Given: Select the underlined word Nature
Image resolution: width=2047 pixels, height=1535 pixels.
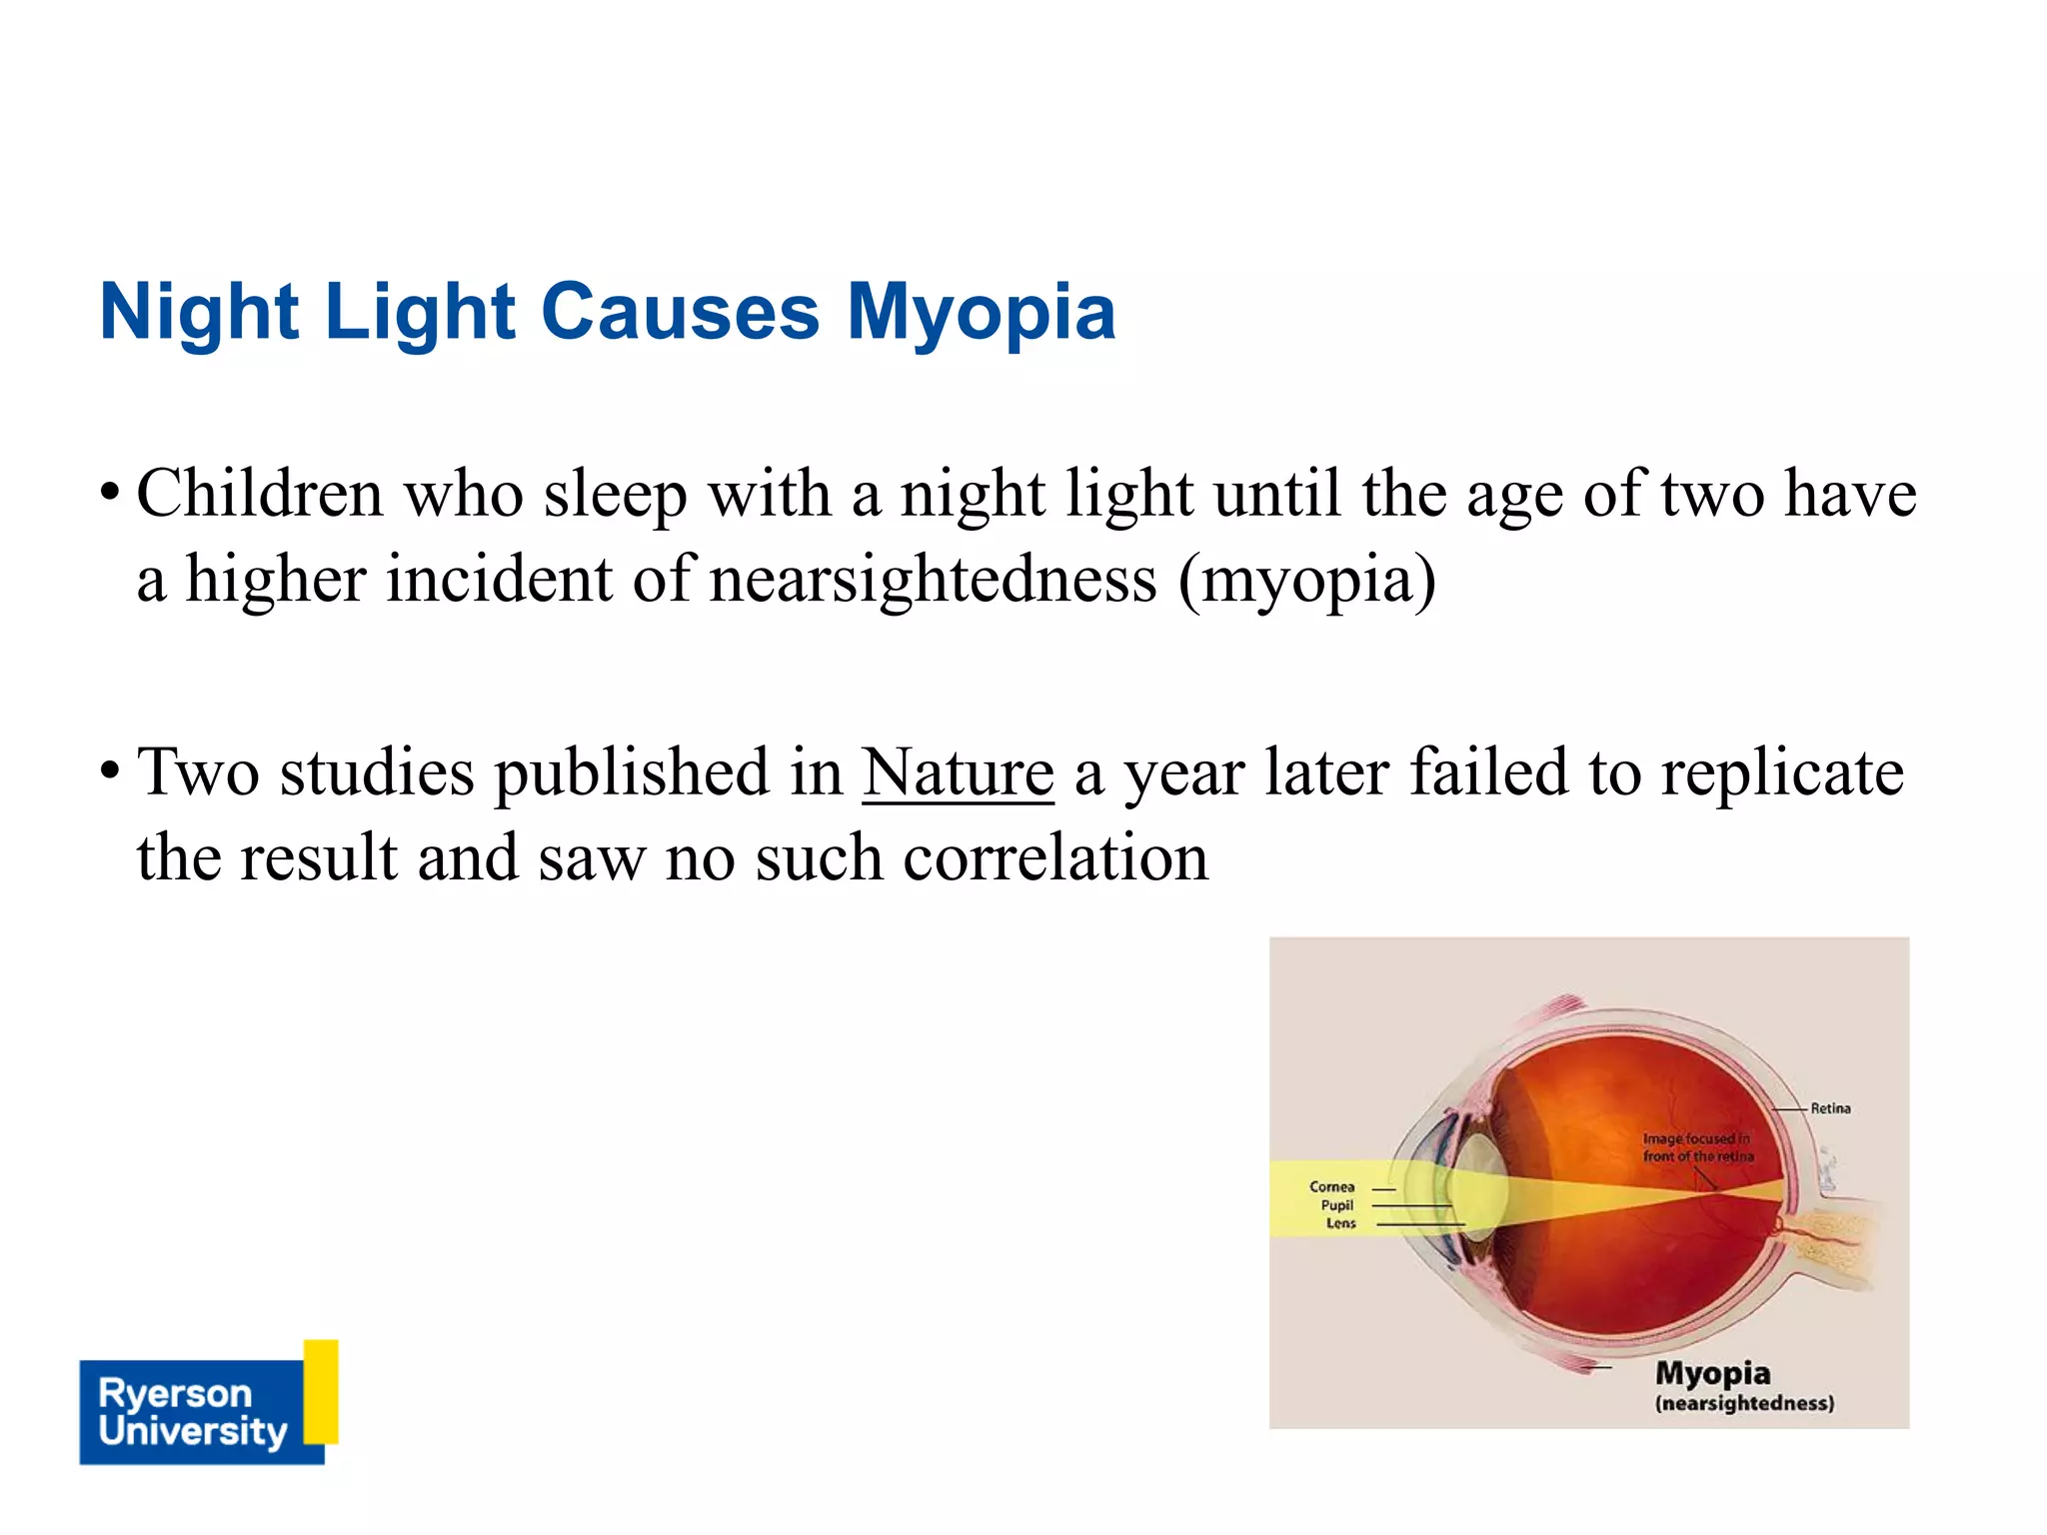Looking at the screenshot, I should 958,772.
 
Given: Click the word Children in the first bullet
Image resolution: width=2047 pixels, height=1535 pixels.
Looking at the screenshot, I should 260,494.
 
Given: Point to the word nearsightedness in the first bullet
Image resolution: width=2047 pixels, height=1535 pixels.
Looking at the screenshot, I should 933,580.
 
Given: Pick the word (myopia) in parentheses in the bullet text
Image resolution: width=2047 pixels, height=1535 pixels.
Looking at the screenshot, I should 1306,580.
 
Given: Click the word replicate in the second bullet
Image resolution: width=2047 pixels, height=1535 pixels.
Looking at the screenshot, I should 1782,772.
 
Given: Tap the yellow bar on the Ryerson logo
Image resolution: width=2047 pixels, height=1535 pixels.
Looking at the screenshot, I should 321,1391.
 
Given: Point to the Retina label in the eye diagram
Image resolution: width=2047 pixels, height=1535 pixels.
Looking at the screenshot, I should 1830,1108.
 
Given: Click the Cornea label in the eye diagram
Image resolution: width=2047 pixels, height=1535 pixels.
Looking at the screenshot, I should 1331,1187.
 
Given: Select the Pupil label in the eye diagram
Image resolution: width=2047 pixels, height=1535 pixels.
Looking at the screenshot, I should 1336,1205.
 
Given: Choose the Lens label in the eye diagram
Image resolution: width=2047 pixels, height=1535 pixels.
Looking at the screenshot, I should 1340,1223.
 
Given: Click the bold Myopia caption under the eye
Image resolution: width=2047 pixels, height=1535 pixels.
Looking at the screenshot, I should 1712,1373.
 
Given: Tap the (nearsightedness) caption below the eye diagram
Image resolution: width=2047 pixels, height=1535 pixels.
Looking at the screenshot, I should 1744,1403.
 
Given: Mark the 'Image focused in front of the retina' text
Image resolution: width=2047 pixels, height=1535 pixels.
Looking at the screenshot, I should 1697,1147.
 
